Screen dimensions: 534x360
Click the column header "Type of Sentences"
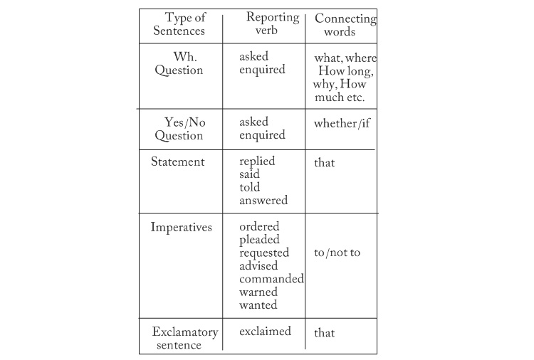(179, 23)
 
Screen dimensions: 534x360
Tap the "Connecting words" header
(345, 25)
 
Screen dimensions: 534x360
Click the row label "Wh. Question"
(179, 63)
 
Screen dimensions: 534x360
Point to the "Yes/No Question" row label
(180, 129)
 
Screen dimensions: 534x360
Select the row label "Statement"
(178, 162)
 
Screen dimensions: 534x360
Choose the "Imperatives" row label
(181, 227)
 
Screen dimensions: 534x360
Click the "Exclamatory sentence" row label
(185, 338)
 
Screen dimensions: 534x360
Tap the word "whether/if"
(342, 123)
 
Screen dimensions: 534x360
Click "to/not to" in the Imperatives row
(337, 253)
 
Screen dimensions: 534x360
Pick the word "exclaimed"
(265, 331)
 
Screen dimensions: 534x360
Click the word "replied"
(257, 162)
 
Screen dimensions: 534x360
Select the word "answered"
(263, 201)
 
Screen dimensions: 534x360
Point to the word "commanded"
(271, 279)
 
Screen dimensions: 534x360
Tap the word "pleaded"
(259, 240)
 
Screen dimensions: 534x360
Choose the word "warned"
(258, 292)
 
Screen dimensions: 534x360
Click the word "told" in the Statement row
(249, 187)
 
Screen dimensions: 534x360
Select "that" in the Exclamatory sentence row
(324, 333)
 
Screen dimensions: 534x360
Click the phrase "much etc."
(340, 97)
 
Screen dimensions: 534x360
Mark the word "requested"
(264, 253)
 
